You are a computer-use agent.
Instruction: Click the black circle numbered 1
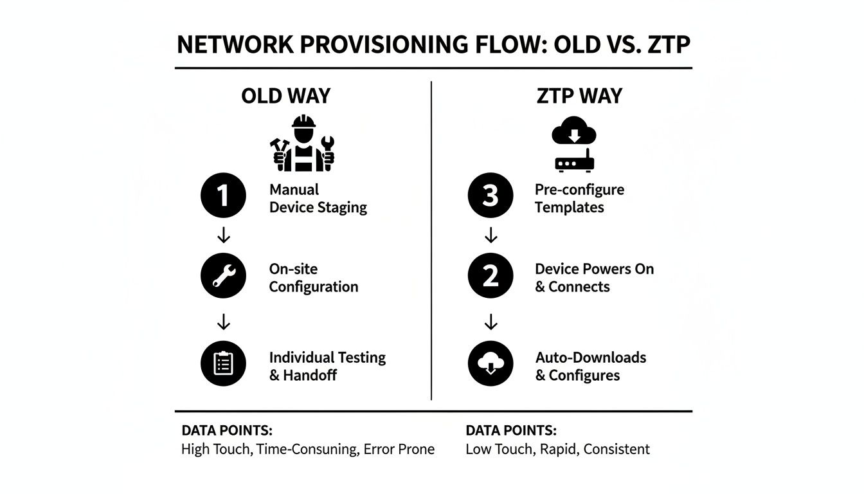223,196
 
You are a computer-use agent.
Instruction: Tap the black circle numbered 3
491,196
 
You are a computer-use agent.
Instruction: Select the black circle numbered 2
491,276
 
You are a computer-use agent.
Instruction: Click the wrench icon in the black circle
223,276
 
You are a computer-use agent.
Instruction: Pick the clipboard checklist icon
223,363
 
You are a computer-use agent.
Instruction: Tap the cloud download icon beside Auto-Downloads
491,363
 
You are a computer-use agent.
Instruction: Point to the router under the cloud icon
574,162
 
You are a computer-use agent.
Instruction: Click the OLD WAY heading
285,96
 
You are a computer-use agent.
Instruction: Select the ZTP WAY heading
579,96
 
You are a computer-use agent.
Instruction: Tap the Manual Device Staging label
318,199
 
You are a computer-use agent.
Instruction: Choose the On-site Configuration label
313,278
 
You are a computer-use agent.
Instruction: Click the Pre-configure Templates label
579,199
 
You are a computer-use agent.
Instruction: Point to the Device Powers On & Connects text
593,278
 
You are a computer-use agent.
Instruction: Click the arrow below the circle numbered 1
223,236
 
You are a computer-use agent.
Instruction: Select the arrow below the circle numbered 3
491,236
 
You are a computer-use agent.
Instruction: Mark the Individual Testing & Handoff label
327,366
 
